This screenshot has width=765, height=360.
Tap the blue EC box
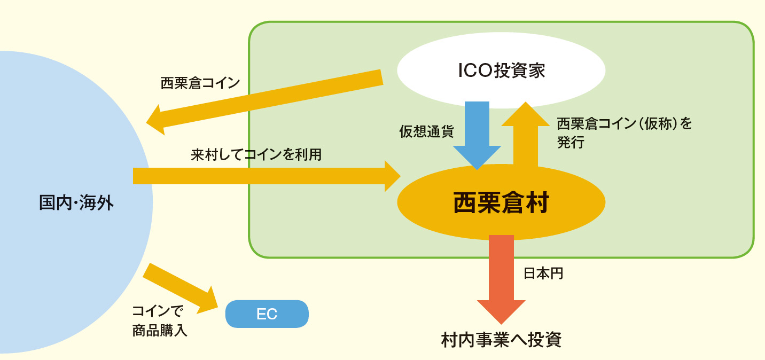coord(267,314)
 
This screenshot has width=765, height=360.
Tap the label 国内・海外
coord(76,203)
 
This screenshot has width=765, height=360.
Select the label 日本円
coord(543,273)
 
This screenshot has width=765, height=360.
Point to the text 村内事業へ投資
coord(501,340)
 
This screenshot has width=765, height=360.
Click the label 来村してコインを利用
coord(256,155)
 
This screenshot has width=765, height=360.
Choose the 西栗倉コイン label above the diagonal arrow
coord(200,83)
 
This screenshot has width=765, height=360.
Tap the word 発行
coord(571,143)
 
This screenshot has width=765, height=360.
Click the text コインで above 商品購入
coord(157,311)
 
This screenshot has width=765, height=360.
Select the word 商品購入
coord(160,331)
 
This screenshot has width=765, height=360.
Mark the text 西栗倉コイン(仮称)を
coord(624,124)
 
